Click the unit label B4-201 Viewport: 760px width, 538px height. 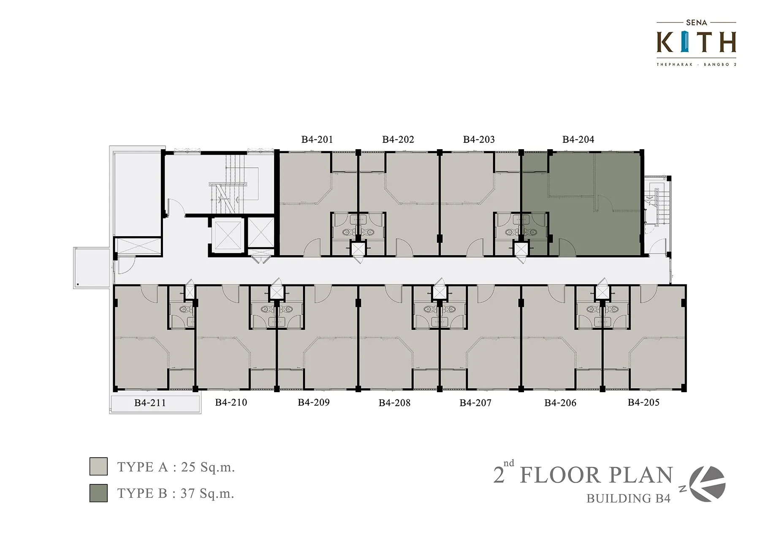[317, 139]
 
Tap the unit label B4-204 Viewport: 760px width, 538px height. [578, 139]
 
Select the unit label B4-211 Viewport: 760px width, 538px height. [150, 403]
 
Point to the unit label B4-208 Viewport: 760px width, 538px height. [394, 403]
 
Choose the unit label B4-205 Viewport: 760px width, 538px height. [643, 402]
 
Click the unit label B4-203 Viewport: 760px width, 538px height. [479, 139]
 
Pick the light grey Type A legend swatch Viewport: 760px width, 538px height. [98, 467]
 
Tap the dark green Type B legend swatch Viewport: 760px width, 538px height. [98, 493]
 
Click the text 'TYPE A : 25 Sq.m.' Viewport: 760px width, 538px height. [176, 467]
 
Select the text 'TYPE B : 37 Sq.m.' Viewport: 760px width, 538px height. [176, 493]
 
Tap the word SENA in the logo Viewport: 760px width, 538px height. [697, 22]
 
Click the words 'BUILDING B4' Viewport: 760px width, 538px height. [628, 499]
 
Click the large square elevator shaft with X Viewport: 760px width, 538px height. [228, 235]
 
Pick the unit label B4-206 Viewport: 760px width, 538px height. [560, 403]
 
